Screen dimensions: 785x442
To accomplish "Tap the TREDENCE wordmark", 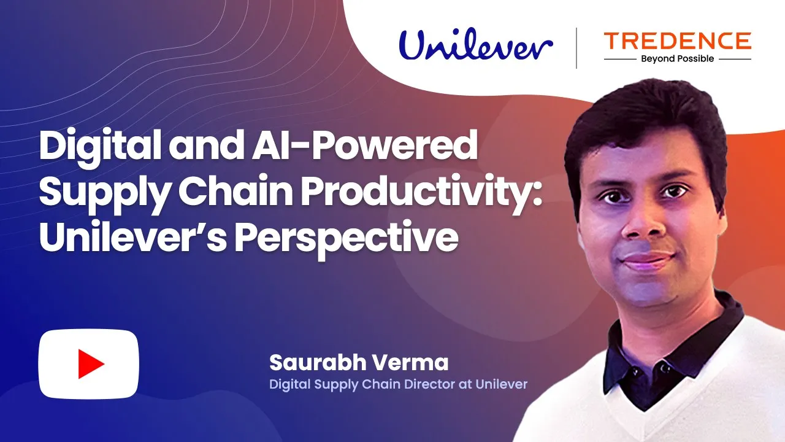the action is click(678, 41).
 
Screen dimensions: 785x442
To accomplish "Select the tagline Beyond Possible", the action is click(678, 58).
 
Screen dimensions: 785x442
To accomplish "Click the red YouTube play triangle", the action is click(91, 364).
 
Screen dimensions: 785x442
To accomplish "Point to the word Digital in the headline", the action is click(100, 145).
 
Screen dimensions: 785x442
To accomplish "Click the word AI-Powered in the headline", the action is click(364, 145).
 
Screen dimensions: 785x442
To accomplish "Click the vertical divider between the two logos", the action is click(576, 48).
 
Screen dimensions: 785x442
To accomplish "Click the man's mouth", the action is click(646, 260).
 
